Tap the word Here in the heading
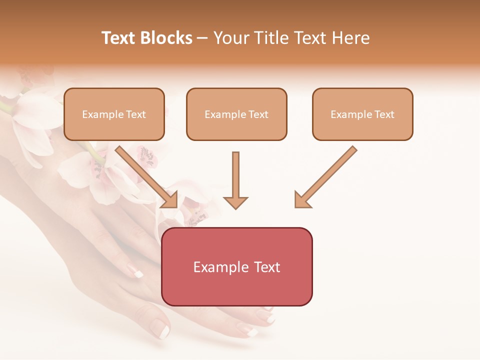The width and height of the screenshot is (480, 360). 349,38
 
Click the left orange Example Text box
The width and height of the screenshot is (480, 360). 114,114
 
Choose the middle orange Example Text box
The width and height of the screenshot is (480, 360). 236,114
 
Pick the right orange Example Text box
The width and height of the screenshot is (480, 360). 362,114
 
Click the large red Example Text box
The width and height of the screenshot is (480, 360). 236,266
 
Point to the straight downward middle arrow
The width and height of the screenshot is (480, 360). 235,180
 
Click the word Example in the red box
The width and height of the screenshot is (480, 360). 218,267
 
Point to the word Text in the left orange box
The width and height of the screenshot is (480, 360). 136,114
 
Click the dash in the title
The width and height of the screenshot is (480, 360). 202,38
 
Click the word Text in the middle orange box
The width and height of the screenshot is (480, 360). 258,114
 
